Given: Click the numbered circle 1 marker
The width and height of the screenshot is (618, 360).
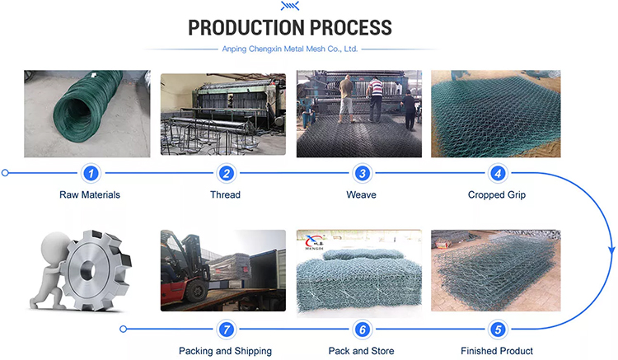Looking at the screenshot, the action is click(91, 173).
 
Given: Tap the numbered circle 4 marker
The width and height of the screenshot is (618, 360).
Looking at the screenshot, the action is click(498, 173).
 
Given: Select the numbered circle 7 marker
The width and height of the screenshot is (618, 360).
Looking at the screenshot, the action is click(227, 330).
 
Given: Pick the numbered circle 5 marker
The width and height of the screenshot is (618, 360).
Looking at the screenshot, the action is click(498, 330).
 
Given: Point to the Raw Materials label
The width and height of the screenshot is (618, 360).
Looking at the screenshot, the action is click(90, 194).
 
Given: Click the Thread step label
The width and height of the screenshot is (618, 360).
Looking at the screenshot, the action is click(225, 194).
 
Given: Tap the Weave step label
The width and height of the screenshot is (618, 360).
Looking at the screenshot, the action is click(361, 194).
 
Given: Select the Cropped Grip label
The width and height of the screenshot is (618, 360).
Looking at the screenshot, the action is click(497, 195).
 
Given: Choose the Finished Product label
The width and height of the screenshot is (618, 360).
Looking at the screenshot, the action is click(497, 351).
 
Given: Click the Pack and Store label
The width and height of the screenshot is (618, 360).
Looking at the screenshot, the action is click(361, 351).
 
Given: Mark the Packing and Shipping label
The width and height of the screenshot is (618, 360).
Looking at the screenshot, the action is click(225, 351).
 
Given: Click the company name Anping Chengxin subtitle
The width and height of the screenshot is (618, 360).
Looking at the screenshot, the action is click(290, 49).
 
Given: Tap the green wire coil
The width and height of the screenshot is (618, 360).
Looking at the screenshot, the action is click(87, 105).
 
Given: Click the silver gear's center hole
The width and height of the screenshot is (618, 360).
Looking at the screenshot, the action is click(87, 270).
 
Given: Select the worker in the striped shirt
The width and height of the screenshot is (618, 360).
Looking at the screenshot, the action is click(375, 99).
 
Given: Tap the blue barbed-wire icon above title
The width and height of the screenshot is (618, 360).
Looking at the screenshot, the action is click(290, 6).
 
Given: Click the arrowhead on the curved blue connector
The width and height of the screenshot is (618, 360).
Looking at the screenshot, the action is click(611, 251).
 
